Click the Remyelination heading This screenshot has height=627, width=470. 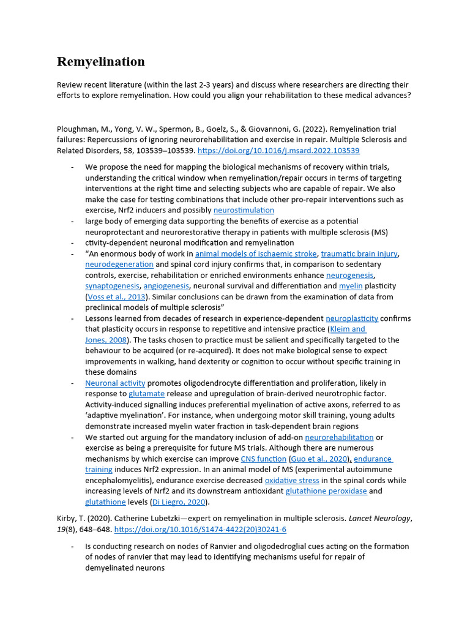click(101, 62)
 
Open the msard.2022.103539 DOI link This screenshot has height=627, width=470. click(278, 151)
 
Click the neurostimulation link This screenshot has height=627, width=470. click(244, 210)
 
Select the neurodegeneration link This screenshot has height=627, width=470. click(119, 265)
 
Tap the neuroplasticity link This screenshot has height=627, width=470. click(352, 318)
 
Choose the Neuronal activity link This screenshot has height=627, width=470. click(115, 383)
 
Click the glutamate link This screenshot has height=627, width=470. click(146, 394)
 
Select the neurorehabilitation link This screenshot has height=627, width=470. click(339, 437)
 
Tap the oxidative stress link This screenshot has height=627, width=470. click(289, 481)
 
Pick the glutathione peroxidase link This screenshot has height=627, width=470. click(327, 491)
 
